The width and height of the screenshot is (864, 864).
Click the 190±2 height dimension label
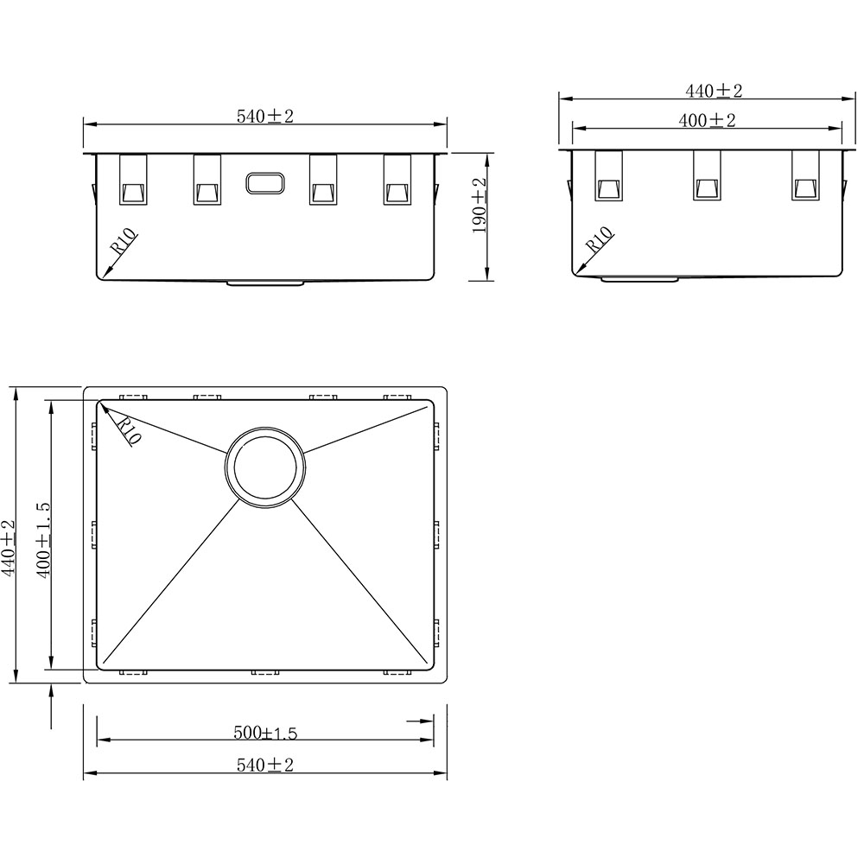(480, 206)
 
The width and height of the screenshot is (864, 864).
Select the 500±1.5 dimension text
(265, 733)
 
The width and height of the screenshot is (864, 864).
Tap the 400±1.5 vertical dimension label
(43, 539)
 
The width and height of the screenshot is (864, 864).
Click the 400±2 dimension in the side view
(707, 120)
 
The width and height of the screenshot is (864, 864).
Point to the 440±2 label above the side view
(714, 91)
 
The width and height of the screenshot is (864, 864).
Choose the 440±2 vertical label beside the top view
(9, 548)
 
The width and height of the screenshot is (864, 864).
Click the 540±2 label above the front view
(265, 117)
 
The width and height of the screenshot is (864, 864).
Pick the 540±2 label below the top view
(265, 765)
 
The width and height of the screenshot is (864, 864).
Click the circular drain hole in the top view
(265, 467)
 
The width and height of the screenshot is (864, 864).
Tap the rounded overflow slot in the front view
(265, 183)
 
